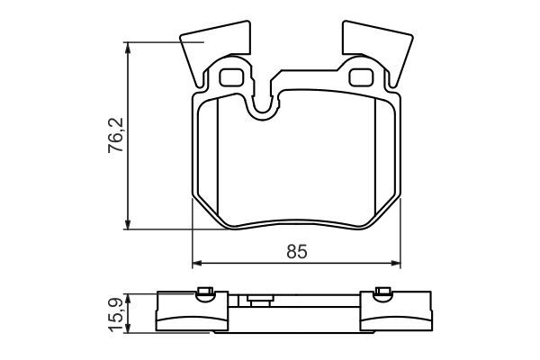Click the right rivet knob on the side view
[382, 291]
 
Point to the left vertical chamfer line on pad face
[219, 157]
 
